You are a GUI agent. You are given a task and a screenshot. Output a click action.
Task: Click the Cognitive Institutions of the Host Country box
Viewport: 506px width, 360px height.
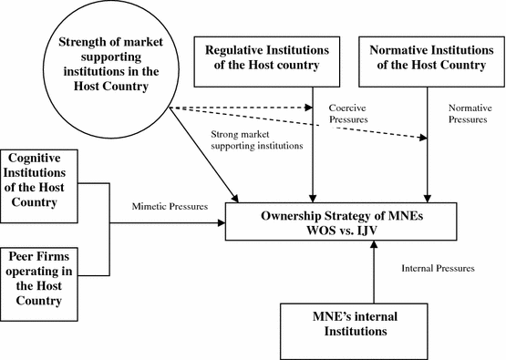pyautogui.click(x=51, y=181)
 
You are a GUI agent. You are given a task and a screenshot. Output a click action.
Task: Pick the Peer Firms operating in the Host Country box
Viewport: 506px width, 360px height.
pyautogui.click(x=51, y=272)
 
